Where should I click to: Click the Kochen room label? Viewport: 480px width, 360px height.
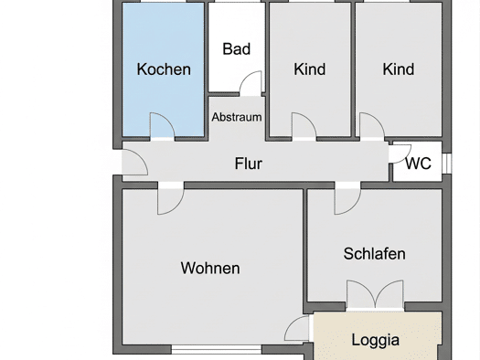[x=164, y=69]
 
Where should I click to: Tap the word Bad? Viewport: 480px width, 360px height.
[x=236, y=49]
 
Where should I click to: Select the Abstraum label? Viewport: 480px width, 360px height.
[x=237, y=117]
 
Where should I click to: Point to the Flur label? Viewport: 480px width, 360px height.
[x=249, y=164]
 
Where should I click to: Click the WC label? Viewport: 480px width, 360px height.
[x=418, y=164]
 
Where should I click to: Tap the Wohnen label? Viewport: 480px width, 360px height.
[x=210, y=268]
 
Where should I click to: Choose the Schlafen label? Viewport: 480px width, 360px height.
[x=374, y=254]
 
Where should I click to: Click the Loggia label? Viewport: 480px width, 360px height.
[x=375, y=340]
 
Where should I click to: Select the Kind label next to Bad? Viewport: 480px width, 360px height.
[x=310, y=69]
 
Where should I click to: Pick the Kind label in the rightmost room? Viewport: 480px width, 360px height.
[x=399, y=69]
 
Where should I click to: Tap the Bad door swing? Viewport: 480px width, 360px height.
[x=251, y=83]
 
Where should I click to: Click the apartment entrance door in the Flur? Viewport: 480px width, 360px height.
[x=134, y=163]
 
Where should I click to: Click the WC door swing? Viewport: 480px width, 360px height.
[x=400, y=154]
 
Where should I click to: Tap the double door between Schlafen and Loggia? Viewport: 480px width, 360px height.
[x=375, y=294]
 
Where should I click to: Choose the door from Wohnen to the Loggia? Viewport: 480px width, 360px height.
[x=297, y=328]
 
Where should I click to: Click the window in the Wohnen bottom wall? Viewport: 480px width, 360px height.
[x=217, y=349]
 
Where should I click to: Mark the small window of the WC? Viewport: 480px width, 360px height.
[x=447, y=164]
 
